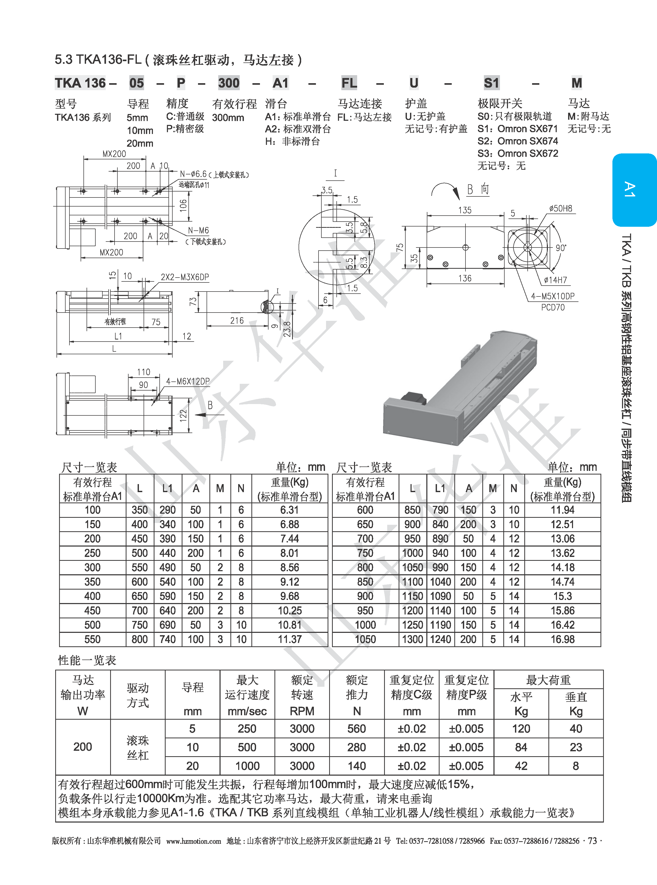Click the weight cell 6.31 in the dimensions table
(x=289, y=510)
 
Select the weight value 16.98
(x=562, y=639)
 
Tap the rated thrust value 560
(x=356, y=729)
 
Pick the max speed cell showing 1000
(x=247, y=766)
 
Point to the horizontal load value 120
(x=521, y=729)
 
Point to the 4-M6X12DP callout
(x=188, y=381)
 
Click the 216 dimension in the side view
(x=237, y=321)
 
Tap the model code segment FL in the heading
(x=349, y=83)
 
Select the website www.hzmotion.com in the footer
(x=193, y=841)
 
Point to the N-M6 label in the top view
(x=198, y=231)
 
